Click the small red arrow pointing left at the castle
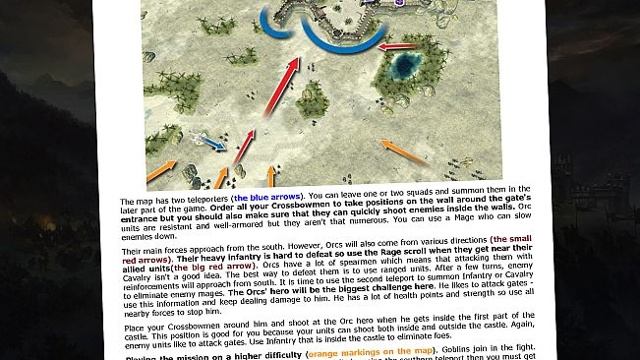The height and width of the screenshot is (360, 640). (395, 45)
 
